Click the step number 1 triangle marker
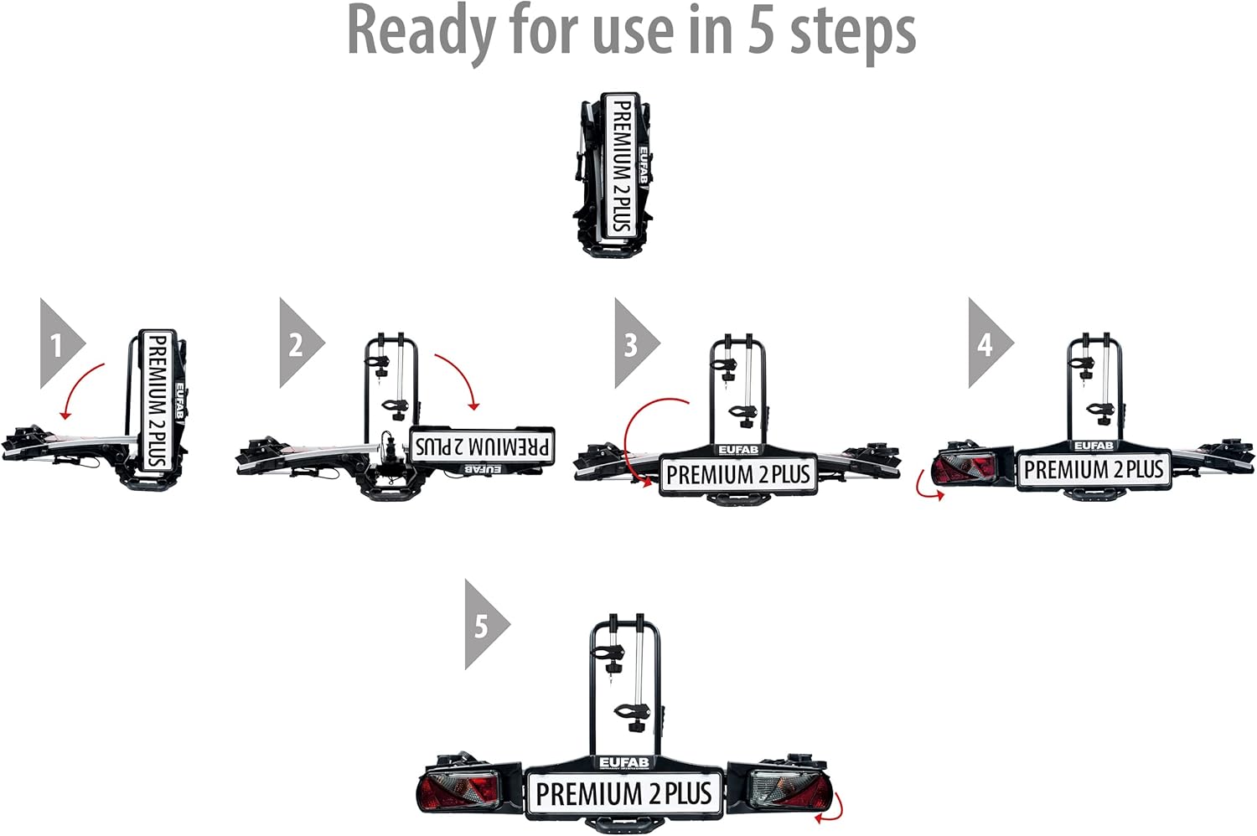(x=58, y=343)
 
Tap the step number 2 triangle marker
(x=297, y=343)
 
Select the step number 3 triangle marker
(x=633, y=343)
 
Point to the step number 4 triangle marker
(x=986, y=343)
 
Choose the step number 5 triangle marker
(x=483, y=625)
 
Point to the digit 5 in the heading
(x=760, y=32)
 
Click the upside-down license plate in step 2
(x=483, y=445)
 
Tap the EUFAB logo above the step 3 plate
(x=737, y=450)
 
